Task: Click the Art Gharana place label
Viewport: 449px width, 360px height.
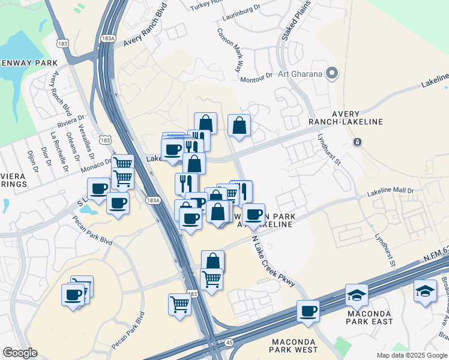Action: [x=300, y=74]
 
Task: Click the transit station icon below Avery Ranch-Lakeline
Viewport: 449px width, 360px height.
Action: [x=357, y=142]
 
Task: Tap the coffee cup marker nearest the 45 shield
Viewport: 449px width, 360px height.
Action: [x=308, y=311]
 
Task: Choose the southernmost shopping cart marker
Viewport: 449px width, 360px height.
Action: [x=179, y=304]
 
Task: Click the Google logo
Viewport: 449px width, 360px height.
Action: [x=20, y=353]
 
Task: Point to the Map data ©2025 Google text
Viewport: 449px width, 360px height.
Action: [x=411, y=355]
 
